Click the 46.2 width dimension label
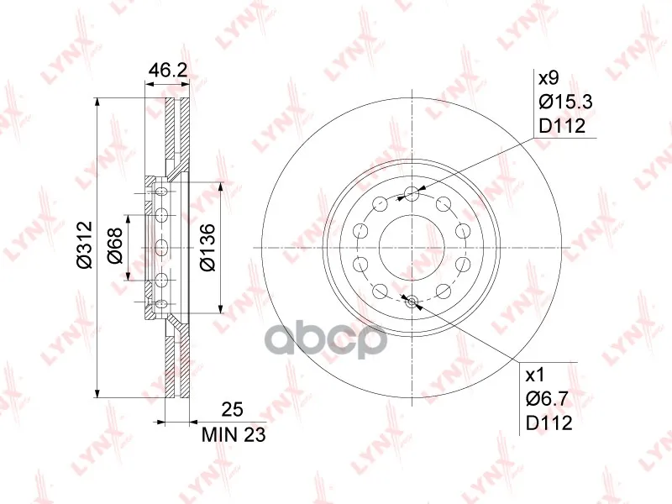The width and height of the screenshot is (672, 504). (167, 71)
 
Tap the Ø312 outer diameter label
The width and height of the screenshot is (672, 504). (85, 244)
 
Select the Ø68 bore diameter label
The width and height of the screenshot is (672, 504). (115, 245)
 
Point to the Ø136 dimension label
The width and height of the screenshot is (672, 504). (207, 247)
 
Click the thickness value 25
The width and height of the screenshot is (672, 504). (232, 410)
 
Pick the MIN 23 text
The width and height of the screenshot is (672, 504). (234, 435)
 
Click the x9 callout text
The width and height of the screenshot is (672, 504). (549, 78)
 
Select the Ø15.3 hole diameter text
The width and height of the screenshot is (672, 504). (565, 102)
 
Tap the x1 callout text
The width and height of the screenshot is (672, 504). (535, 375)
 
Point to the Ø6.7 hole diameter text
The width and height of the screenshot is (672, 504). (548, 400)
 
